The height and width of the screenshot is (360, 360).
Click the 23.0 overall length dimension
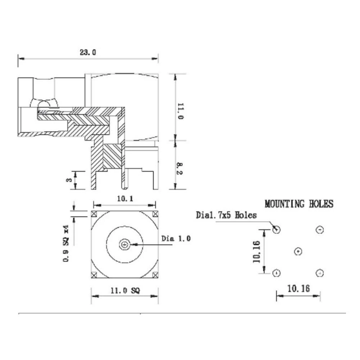[x=88, y=53]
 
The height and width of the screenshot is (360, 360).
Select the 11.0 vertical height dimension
[x=180, y=112]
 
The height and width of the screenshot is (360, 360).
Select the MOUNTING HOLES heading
[x=299, y=204]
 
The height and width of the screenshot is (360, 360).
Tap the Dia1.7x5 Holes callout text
[x=226, y=215]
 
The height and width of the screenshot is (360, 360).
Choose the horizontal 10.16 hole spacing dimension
[x=298, y=289]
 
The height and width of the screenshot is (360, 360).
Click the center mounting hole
[x=298, y=252]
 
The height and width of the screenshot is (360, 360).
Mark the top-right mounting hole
[x=320, y=230]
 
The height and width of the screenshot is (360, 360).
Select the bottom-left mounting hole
[x=276, y=274]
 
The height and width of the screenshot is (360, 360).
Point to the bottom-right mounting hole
[x=320, y=274]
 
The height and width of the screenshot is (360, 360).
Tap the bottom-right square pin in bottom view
[x=155, y=275]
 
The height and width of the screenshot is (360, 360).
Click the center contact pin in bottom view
[x=125, y=245]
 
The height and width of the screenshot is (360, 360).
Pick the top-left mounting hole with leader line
[x=276, y=229]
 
